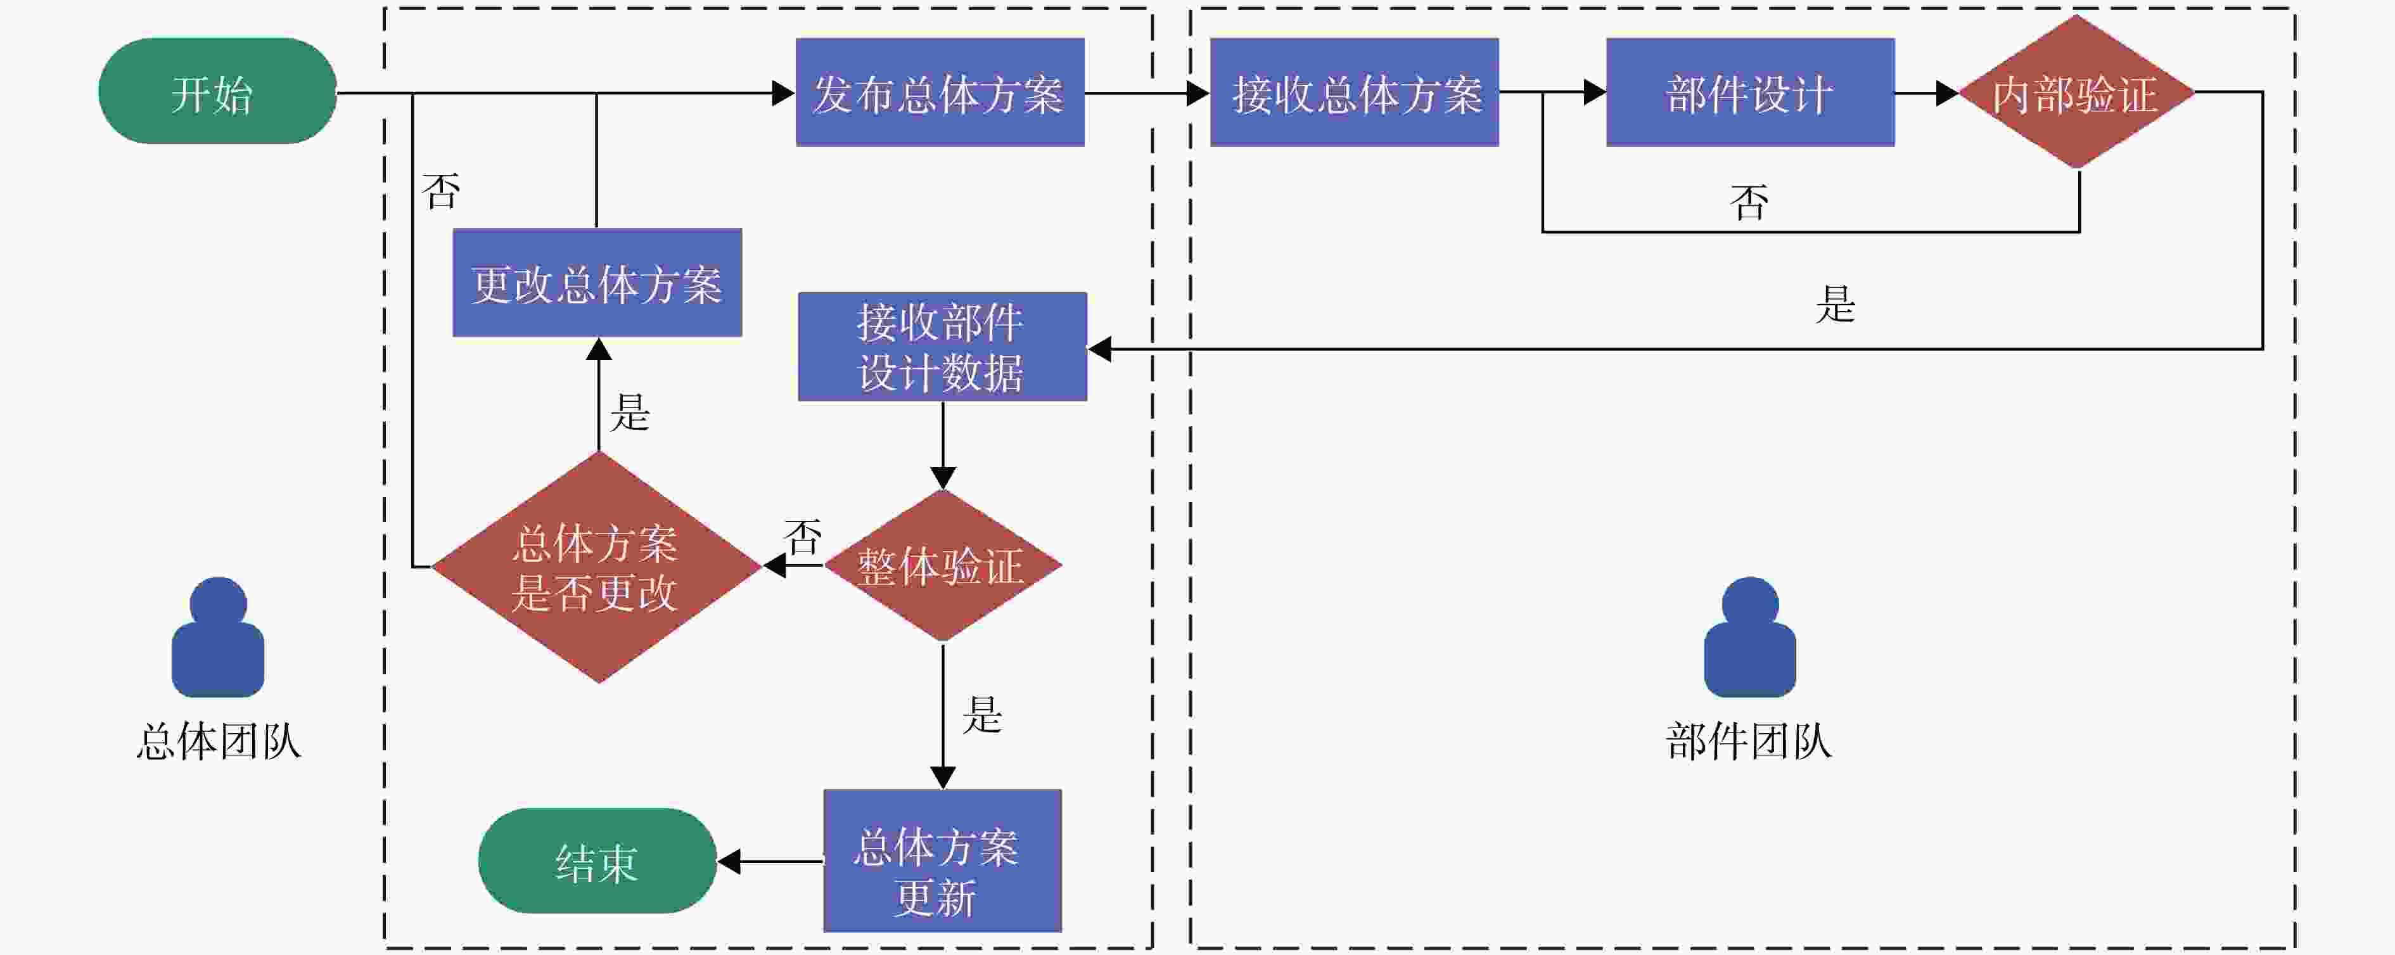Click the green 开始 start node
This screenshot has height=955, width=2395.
click(x=217, y=91)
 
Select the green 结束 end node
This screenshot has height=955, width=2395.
click(x=597, y=861)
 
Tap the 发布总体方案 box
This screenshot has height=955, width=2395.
click(x=940, y=92)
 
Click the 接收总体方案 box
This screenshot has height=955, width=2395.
click(x=1355, y=92)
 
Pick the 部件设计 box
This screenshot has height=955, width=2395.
click(x=1751, y=92)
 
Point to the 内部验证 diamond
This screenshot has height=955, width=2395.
click(x=2077, y=92)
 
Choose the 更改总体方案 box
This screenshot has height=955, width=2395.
click(x=597, y=283)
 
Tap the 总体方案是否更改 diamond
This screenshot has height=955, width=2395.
click(x=597, y=567)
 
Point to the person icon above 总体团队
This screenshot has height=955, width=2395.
click(x=217, y=638)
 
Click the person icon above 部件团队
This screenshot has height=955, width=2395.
click(x=1750, y=638)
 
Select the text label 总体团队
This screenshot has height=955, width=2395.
click(x=219, y=742)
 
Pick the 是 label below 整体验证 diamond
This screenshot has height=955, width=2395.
click(x=983, y=714)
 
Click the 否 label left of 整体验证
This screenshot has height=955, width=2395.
click(x=803, y=537)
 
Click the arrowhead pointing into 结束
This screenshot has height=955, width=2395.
click(x=729, y=862)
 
